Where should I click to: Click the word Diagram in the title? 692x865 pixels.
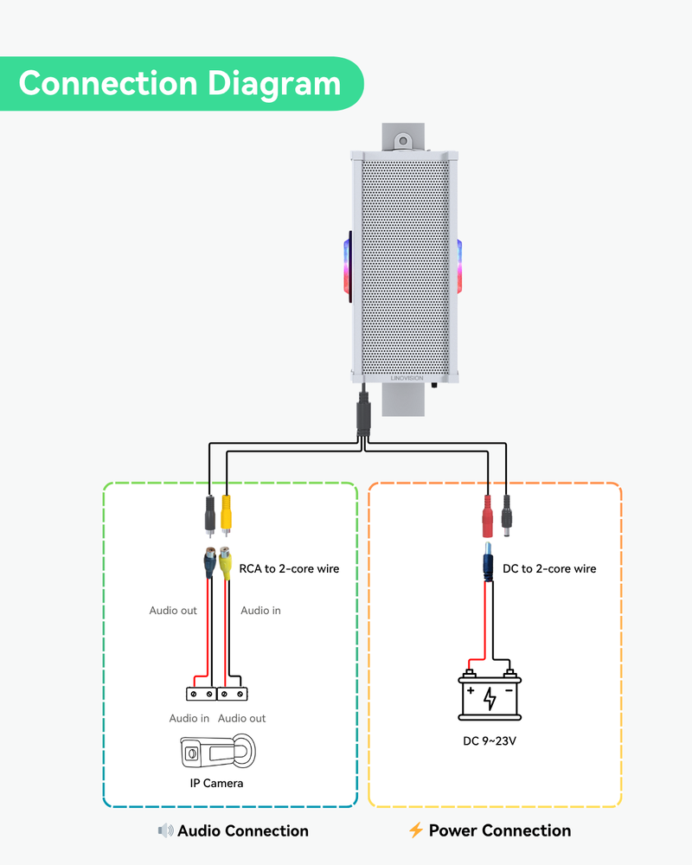coord(273,84)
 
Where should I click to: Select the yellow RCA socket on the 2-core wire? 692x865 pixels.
coord(225,562)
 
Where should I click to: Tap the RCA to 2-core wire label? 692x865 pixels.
coord(289,569)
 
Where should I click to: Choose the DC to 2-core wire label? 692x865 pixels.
coord(549,569)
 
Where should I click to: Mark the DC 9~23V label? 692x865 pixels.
coord(490,741)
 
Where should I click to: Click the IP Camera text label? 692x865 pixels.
coord(216,784)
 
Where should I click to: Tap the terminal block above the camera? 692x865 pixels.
coord(217,693)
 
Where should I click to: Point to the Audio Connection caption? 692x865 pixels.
coord(243,831)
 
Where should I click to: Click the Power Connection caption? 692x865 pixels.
coord(500,831)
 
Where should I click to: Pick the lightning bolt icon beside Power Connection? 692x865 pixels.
coord(416,831)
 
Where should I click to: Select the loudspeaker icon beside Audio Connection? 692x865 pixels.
coord(165,831)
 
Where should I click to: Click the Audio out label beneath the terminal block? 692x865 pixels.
coord(242,719)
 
